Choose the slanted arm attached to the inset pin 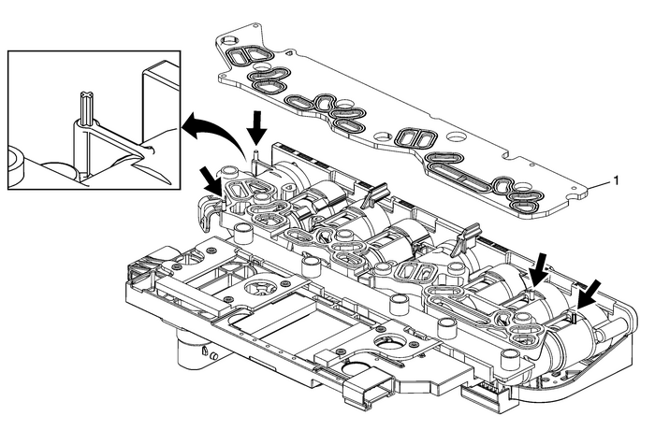(x=131, y=150)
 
